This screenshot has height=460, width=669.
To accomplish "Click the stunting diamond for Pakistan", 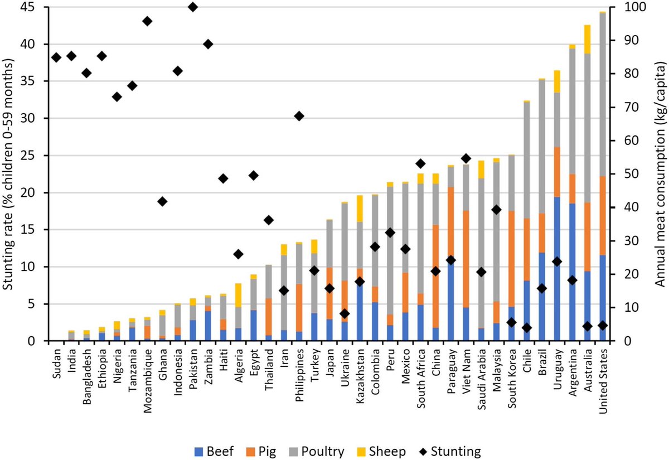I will pyautogui.click(x=193, y=7).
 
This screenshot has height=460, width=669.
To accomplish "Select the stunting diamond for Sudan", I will pyautogui.click(x=56, y=57).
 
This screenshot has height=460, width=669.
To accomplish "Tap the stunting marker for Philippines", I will pyautogui.click(x=299, y=116).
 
